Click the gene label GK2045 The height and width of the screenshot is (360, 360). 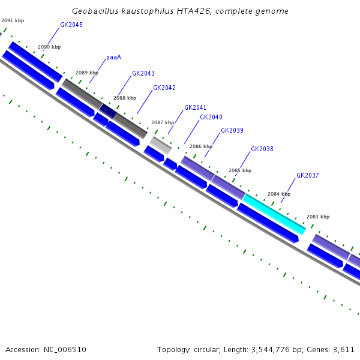click(71, 25)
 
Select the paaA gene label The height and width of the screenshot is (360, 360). click(113, 58)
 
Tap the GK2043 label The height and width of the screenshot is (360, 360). click(143, 74)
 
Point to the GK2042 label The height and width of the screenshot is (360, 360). click(164, 88)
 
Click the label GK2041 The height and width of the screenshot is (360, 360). click(195, 108)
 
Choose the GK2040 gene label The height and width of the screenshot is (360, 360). click(211, 118)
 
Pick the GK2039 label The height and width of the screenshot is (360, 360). click(232, 131)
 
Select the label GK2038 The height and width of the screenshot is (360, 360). click(262, 149)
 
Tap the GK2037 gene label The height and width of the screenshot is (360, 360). click(308, 176)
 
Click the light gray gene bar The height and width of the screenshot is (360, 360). click(160, 144)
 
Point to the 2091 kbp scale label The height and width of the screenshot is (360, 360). click(13, 21)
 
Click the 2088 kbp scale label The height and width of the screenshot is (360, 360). click(124, 98)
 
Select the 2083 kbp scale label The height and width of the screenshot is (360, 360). click(318, 217)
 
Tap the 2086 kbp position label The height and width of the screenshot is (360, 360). click(201, 146)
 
